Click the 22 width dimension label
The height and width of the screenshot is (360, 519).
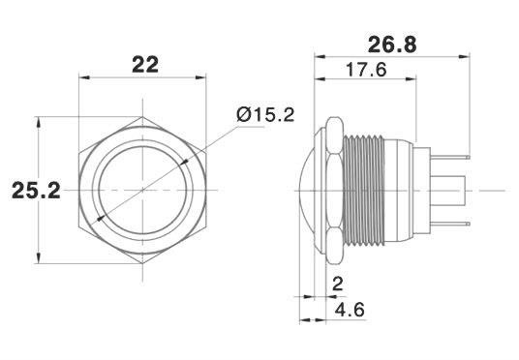coord(145,65)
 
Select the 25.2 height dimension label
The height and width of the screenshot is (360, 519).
coord(36,191)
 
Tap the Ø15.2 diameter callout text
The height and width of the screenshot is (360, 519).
coord(265,115)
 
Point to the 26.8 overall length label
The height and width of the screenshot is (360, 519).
coord(392,45)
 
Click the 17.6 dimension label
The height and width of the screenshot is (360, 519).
coord(366,70)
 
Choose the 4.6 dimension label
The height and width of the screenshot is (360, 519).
coord(350,310)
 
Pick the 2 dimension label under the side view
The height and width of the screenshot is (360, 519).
coord(337,285)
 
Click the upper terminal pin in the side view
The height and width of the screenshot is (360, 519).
coord(450,157)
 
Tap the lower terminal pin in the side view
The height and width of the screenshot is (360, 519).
coord(450,224)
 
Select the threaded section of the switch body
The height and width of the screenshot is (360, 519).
coord(364,191)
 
